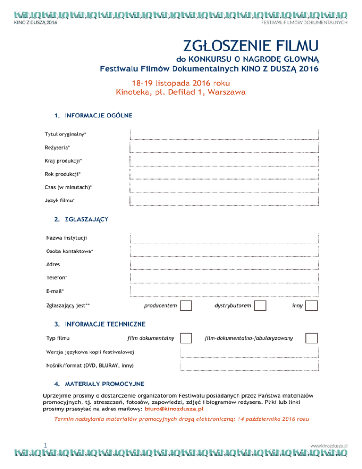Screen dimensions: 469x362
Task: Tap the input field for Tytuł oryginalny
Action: [224, 134]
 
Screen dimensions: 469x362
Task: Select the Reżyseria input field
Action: [224, 148]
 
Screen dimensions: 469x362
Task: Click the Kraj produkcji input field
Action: [224, 161]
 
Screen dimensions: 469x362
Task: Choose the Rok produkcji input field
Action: [224, 174]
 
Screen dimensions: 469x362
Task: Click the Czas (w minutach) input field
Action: [224, 187]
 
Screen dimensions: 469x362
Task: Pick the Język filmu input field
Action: [224, 201]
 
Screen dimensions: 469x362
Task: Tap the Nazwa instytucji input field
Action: [224, 238]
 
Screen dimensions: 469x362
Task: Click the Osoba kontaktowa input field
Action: [224, 251]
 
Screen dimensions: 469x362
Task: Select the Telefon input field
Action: [224, 277]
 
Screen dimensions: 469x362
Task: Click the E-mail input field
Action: [224, 291]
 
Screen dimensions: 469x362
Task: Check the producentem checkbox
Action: [186, 306]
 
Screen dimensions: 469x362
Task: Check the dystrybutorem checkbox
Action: [261, 306]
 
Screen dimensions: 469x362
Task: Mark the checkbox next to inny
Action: [312, 306]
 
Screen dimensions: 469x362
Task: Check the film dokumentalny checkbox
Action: [186, 338]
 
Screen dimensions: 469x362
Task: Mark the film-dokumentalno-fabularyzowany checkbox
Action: [312, 338]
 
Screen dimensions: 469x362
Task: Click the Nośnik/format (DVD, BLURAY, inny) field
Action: [249, 365]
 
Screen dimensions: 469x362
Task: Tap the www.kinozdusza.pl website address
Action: [329, 444]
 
